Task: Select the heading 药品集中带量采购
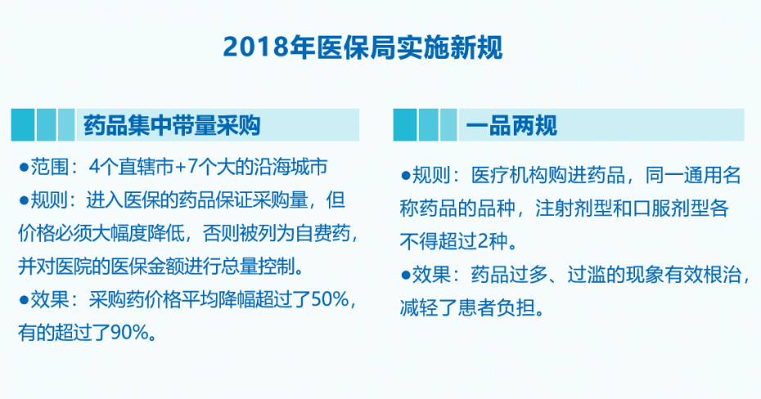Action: [x=173, y=126]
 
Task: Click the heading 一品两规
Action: [x=511, y=126]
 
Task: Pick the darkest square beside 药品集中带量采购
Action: [x=23, y=125]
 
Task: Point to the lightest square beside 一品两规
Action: [x=448, y=125]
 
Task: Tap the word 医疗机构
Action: [x=508, y=175]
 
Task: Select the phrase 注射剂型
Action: [x=572, y=208]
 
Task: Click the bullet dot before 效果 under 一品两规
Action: [x=406, y=276]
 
